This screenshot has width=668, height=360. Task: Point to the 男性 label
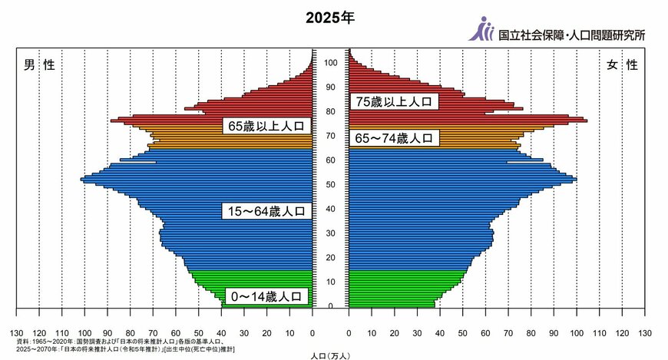[x=38, y=65]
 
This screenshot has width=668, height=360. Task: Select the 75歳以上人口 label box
[x=395, y=101]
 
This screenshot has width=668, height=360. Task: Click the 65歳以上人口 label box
[x=266, y=125]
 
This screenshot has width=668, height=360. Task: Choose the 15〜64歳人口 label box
[x=266, y=211]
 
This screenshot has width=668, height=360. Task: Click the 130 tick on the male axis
[x=17, y=334]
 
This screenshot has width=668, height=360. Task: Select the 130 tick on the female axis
[x=645, y=334]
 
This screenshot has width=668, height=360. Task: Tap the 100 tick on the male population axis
[x=84, y=334]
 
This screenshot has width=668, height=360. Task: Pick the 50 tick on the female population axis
[x=463, y=334]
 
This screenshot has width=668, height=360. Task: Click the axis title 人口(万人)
[x=331, y=355]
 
